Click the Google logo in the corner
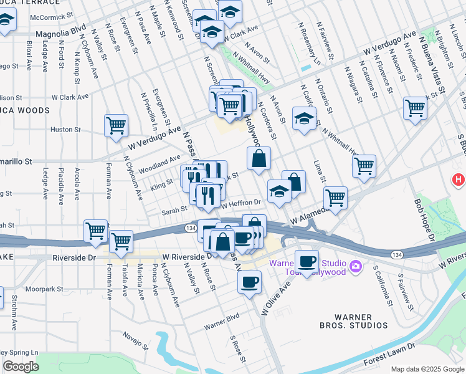[x=21, y=367]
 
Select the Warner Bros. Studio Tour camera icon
[x=356, y=267]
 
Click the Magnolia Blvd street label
[x=61, y=30]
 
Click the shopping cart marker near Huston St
[x=116, y=126]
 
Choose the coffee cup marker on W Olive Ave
[x=249, y=282]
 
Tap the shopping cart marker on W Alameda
[x=335, y=198]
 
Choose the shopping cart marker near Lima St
[x=364, y=166]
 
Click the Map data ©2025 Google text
[x=427, y=368]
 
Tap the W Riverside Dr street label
[x=184, y=256]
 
